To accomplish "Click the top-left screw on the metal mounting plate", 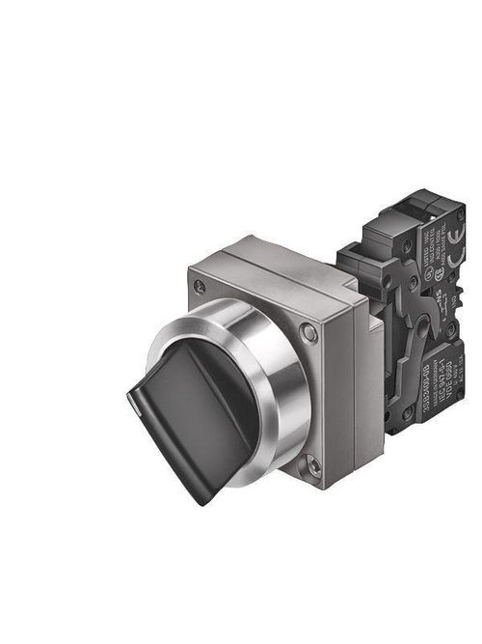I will click(x=200, y=286).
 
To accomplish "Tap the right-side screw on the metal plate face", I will click(x=308, y=334).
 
